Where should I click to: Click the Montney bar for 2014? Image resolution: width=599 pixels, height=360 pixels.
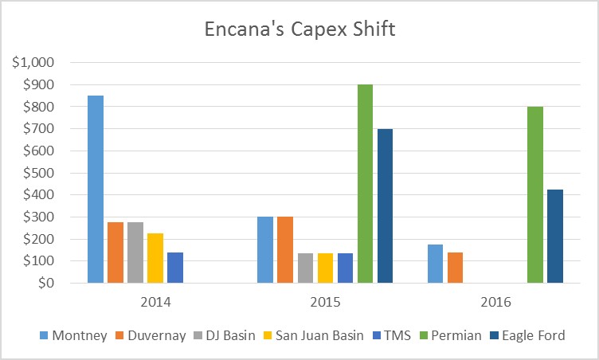[x=96, y=190]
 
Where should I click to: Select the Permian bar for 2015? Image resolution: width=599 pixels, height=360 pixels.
[x=366, y=183]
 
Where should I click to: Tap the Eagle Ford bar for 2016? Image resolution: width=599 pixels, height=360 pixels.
[x=555, y=236]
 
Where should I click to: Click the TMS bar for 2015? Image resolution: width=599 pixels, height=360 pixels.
[x=346, y=268]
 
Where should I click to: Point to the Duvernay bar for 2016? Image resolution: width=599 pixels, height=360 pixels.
[x=456, y=268]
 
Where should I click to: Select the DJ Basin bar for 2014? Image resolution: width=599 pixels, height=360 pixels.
[x=135, y=252]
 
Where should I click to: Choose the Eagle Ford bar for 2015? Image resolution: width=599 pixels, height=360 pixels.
[x=386, y=205]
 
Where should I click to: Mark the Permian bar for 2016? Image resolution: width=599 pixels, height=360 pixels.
[x=535, y=194]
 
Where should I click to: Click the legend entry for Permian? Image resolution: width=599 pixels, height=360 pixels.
[x=456, y=335]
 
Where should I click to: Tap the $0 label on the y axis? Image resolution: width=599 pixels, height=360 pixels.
[x=49, y=283]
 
